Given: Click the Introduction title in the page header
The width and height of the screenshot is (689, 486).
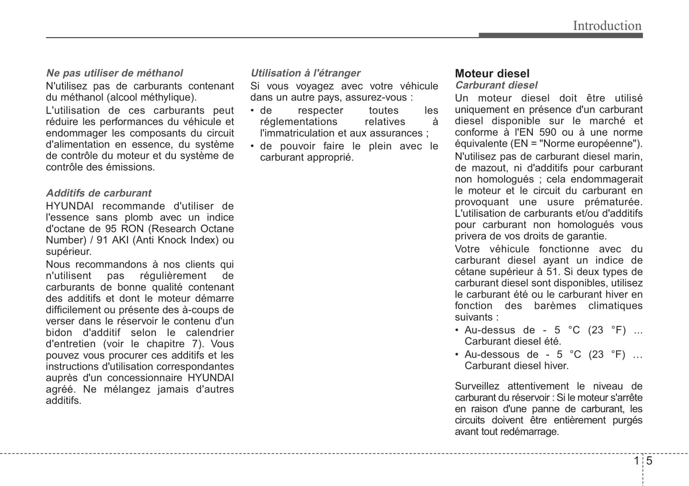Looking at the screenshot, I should point(607,26).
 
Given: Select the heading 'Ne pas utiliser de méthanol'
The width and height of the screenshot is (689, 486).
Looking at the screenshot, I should point(114,73).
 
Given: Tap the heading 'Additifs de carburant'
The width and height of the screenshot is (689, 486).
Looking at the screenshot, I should point(99,193).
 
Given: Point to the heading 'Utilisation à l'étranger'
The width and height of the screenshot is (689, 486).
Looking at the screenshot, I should point(305,73).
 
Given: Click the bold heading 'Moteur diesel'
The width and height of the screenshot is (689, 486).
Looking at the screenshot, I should point(492,73).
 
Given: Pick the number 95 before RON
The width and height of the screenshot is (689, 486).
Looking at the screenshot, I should point(111,229).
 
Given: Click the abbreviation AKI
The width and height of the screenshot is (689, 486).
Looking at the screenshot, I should point(121,240).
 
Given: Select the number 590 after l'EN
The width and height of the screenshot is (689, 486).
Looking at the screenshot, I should point(547,133).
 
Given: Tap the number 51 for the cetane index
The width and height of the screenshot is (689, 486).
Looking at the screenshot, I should point(553,272).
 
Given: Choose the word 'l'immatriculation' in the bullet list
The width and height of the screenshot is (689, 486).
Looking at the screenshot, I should point(297,134).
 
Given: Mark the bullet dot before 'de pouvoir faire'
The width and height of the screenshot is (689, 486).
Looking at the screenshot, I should point(253,146).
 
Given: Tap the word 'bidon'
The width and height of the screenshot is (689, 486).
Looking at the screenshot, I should point(59,333).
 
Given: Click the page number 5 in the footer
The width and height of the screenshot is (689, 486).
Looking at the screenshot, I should point(649,461).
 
